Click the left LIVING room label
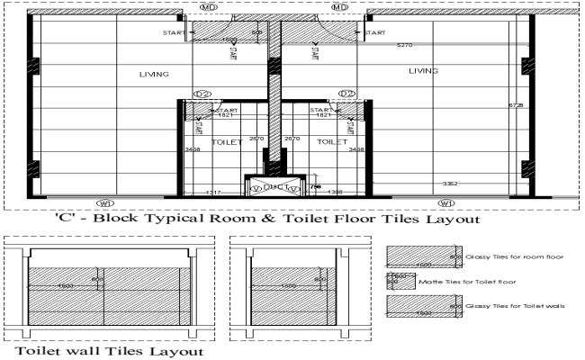pos(154,74)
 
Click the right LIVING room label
pos(423,70)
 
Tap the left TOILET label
pos(225,142)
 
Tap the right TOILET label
pos(332,142)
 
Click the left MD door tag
pos(209,7)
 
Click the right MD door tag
pos(340,7)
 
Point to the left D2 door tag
pos(202,94)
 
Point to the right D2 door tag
pos(347,94)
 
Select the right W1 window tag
pos(447,203)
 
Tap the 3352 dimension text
pos(449,184)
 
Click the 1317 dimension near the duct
pos(213,193)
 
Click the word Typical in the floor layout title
pos(197,219)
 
